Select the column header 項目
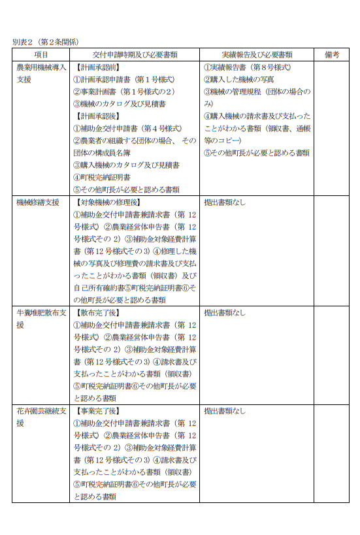(41, 55)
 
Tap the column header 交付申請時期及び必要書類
(134, 55)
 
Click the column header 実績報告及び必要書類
(256, 55)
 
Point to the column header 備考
(331, 55)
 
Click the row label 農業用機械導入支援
(41, 73)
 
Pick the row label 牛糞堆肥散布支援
(41, 318)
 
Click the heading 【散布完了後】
(98, 312)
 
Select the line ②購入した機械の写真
(238, 79)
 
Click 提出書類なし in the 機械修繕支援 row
(225, 202)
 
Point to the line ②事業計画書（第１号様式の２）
(123, 91)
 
